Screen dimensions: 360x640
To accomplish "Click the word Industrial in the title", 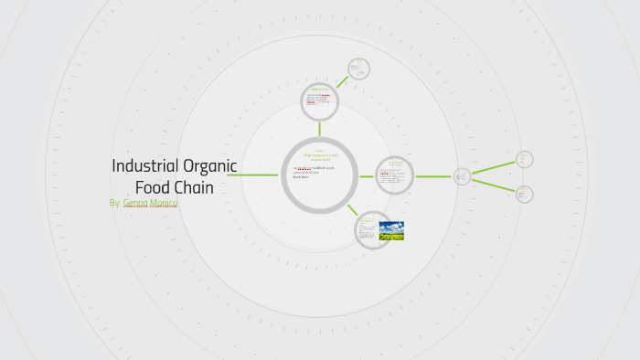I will pos(143,166).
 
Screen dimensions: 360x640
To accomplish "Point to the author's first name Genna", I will pos(136,203).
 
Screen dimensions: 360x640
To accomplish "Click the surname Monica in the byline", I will pos(165,203).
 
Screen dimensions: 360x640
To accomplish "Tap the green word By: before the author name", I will pos(114,203).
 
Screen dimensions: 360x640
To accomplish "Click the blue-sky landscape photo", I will pos(391,230).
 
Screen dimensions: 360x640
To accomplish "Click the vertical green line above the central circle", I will pos(319,128).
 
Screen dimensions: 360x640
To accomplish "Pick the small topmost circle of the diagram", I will pos(357,69).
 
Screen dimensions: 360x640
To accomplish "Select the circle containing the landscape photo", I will pos(373,230).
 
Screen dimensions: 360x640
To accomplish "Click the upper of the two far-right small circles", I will pos(524,159).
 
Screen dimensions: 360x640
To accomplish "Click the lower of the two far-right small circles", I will pos(524,194).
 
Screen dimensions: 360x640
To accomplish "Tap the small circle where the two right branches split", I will pos(463,176).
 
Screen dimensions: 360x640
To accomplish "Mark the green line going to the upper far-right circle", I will pos(494,167).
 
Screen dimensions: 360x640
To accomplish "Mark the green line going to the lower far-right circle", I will pos(494,185).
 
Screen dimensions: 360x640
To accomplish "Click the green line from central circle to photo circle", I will pos(352,209).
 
